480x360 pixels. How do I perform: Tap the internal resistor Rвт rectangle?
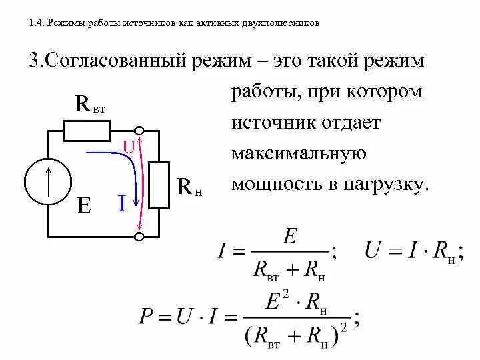tap(87, 131)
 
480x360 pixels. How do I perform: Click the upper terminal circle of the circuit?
tap(139, 131)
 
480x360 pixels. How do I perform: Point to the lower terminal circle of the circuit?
tap(139, 236)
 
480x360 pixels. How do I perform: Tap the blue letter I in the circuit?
tap(122, 203)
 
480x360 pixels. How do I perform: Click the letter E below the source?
tap(83, 205)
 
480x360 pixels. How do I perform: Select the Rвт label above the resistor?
tap(90, 104)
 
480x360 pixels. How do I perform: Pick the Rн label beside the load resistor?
tap(189, 187)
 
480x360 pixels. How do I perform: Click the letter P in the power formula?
tap(147, 315)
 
